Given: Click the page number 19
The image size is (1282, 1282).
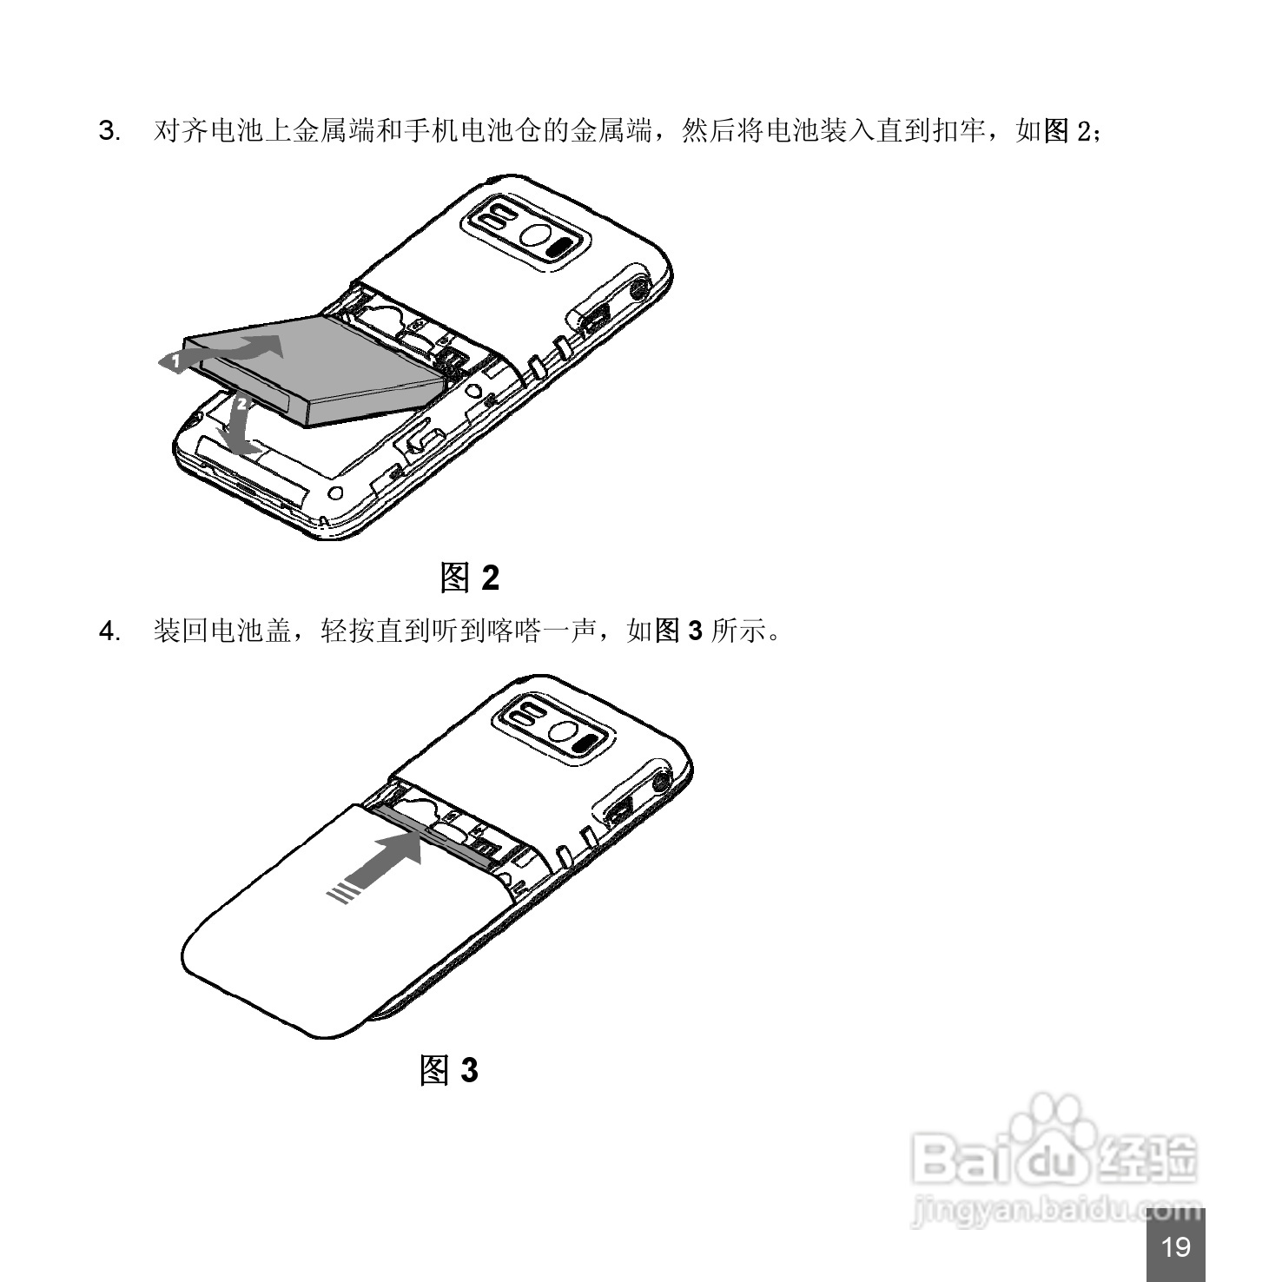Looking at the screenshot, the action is coord(1175,1247).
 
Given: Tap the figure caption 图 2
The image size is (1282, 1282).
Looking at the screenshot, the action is coord(469,577).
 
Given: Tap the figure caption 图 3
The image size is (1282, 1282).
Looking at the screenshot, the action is coord(448,1070).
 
